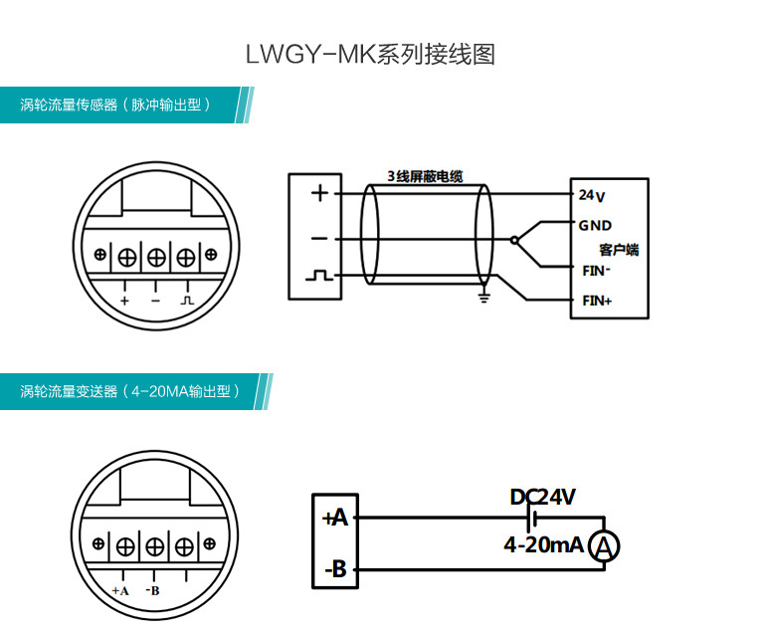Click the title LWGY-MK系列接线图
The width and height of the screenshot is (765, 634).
370,55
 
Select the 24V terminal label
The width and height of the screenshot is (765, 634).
592,194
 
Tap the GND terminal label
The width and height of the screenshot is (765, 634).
595,226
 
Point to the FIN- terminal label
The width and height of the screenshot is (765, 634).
596,270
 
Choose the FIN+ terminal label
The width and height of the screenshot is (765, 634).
597,301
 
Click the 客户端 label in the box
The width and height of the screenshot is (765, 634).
620,249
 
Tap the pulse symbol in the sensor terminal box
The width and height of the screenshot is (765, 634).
319,275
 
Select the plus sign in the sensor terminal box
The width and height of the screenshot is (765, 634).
319,193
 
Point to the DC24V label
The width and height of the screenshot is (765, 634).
542,497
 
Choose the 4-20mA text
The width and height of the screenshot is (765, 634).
543,545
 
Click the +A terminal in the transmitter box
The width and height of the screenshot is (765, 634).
335,518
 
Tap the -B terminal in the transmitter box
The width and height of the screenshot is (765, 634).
335,569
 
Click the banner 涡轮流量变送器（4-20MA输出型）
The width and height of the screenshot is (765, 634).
130,391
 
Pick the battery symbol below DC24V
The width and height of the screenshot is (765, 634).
534,518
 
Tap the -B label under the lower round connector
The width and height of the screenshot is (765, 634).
153,590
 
